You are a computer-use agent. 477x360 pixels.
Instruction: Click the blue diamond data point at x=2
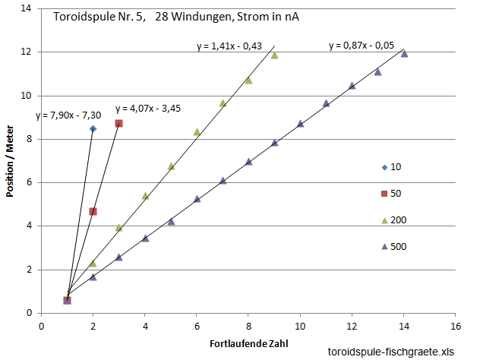point(93,129)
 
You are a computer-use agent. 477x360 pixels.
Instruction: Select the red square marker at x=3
point(118,123)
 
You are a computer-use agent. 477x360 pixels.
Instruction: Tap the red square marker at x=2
point(93,211)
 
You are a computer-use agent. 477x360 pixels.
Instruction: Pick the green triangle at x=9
point(274,55)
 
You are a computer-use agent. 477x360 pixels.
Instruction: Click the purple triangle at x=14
point(404,53)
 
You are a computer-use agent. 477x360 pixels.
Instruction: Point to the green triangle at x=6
point(197,132)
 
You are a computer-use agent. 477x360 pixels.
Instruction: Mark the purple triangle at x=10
point(300,123)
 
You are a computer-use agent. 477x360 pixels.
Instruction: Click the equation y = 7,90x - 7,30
point(69,116)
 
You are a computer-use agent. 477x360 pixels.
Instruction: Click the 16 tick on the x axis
point(455,326)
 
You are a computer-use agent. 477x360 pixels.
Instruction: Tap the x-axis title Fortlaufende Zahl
point(248,343)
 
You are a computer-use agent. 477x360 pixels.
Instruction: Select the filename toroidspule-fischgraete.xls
point(390,352)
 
